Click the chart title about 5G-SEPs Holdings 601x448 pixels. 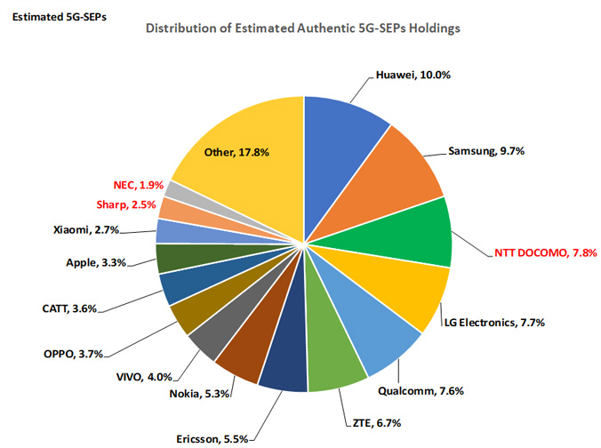coord(302,28)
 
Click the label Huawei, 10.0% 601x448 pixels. coord(412,75)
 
